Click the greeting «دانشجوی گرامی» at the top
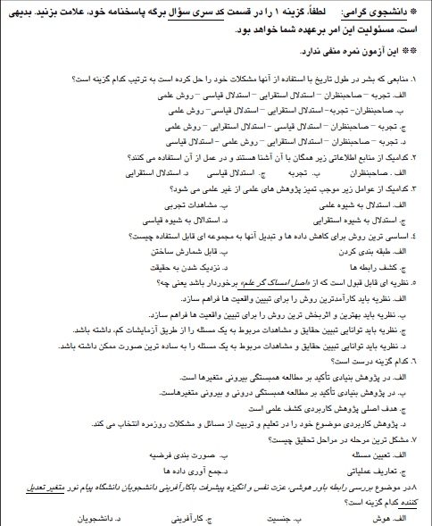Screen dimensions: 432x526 383,14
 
